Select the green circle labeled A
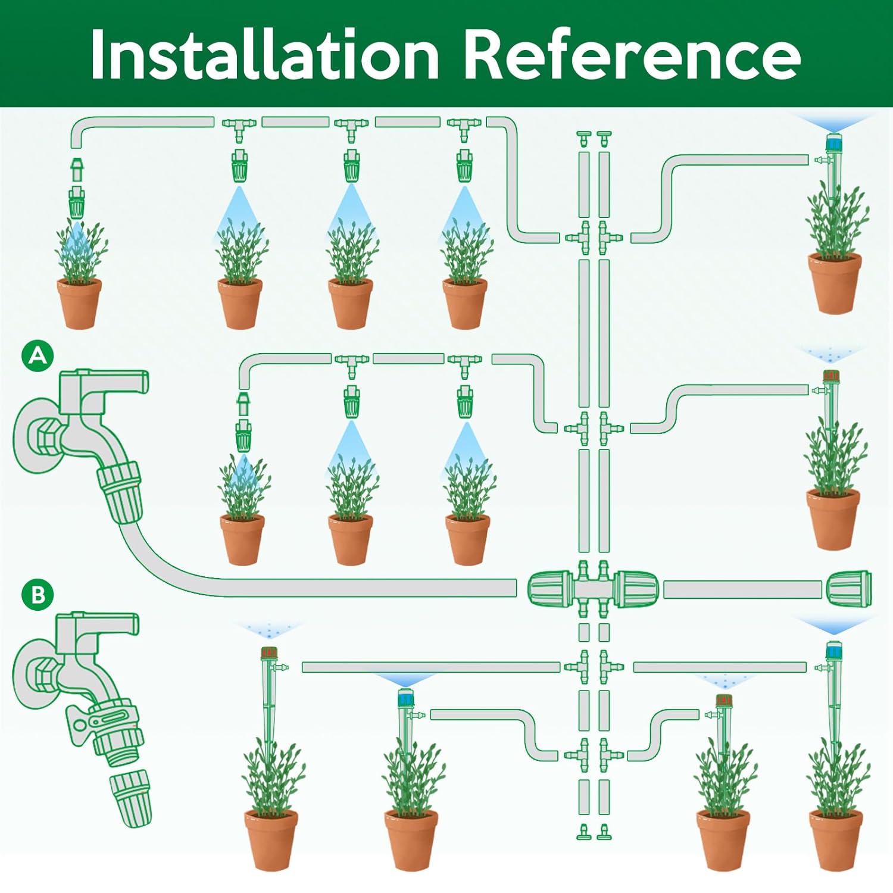click(x=38, y=355)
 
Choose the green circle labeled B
click(x=38, y=594)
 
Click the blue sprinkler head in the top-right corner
click(x=834, y=142)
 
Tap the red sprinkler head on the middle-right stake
click(x=830, y=376)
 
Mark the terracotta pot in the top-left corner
click(x=79, y=302)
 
